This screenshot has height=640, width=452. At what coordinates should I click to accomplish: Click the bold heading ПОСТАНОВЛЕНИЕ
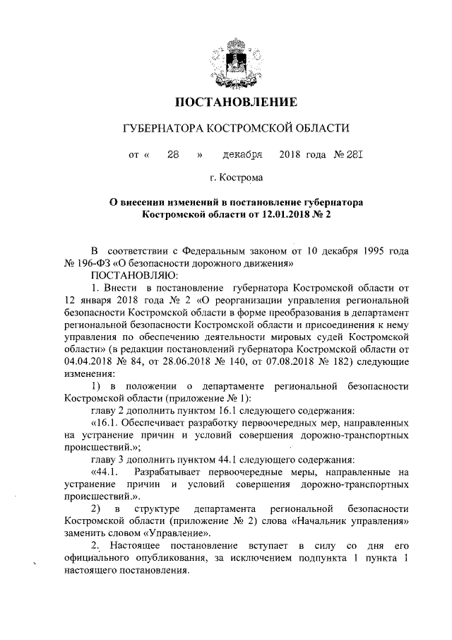click(225, 102)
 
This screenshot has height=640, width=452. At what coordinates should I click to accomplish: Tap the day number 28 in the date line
click(172, 154)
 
